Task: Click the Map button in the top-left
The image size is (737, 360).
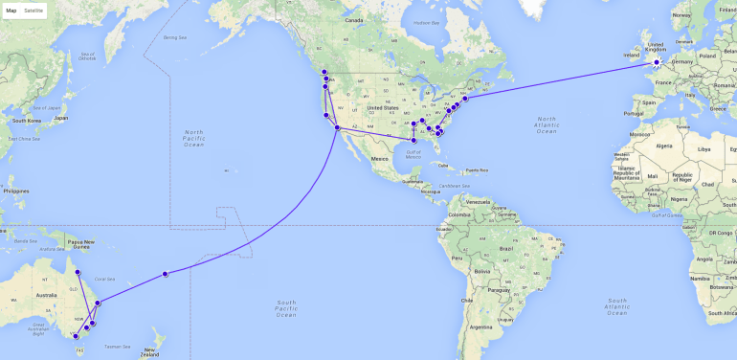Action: [11, 10]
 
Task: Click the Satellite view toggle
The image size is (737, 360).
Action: [33, 10]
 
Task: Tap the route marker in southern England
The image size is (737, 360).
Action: [656, 64]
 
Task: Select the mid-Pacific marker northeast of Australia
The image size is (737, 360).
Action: [166, 274]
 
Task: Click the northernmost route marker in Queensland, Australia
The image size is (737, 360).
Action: [78, 273]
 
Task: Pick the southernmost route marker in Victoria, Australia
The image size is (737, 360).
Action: [75, 337]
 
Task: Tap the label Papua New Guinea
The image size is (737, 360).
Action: [76, 243]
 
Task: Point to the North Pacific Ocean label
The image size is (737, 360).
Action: [193, 138]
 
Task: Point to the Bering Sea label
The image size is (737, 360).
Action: [174, 37]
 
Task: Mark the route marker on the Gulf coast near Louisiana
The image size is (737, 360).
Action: [413, 140]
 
